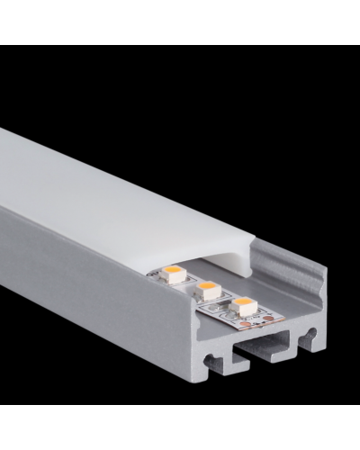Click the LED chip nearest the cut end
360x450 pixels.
pos(239,305)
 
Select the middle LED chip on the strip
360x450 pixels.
pos(208,288)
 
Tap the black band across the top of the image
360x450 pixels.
pos(180,22)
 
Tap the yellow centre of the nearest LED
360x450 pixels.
pos(240,304)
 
